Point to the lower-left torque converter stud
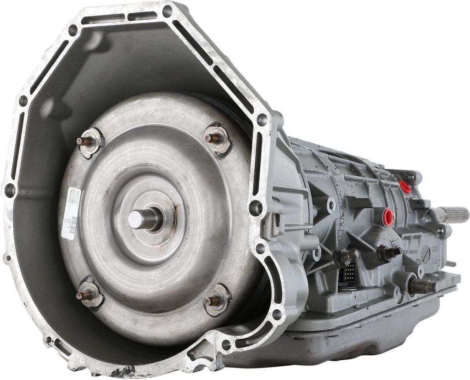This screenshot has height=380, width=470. (86, 294)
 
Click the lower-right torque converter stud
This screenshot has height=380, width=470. (212, 300)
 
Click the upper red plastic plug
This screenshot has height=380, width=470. (405, 186)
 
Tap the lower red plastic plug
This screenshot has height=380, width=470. (388, 217)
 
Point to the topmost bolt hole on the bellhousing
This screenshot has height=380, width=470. (167, 11)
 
